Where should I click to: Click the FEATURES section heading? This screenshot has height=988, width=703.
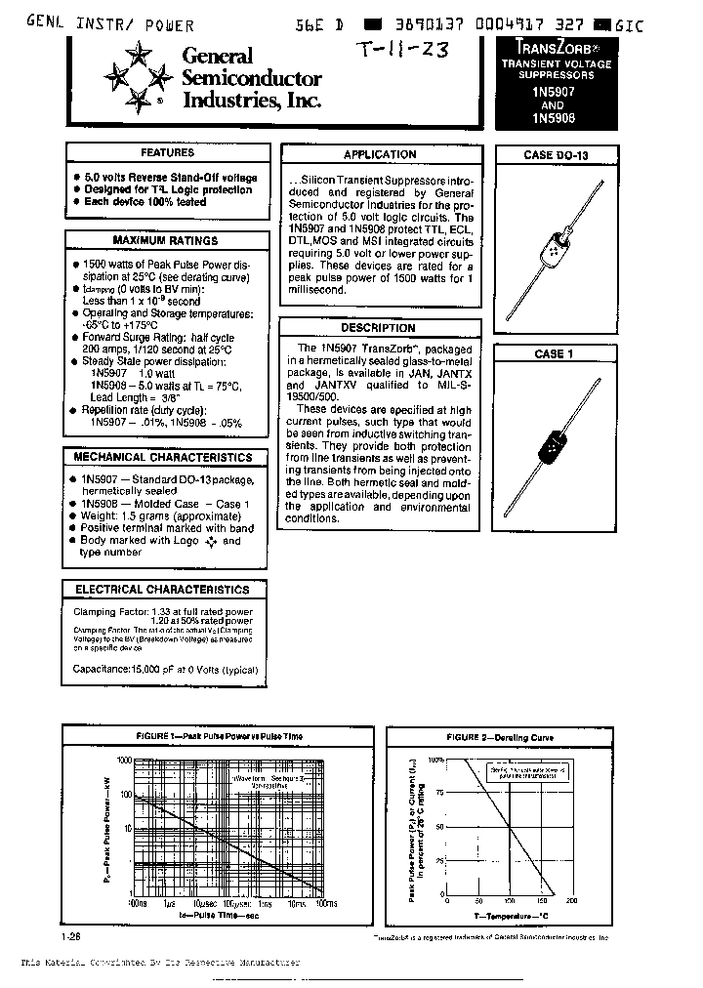click(167, 153)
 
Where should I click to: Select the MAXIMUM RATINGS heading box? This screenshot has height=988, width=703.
click(165, 240)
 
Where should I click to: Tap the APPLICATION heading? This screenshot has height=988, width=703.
click(379, 154)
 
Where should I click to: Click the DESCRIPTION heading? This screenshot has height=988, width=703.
click(379, 328)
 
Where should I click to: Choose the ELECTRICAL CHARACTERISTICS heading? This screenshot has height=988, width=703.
click(162, 590)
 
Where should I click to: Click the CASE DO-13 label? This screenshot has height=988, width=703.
click(555, 155)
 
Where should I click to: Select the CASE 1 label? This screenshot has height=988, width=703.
click(549, 354)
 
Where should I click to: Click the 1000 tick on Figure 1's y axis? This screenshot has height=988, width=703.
click(123, 760)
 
